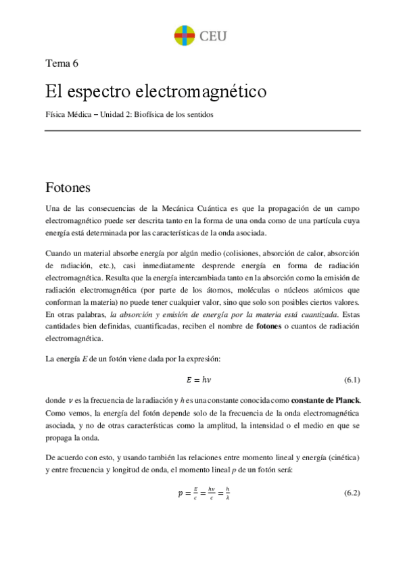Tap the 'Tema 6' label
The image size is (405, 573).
click(x=62, y=64)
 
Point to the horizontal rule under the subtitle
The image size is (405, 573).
click(x=202, y=131)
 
